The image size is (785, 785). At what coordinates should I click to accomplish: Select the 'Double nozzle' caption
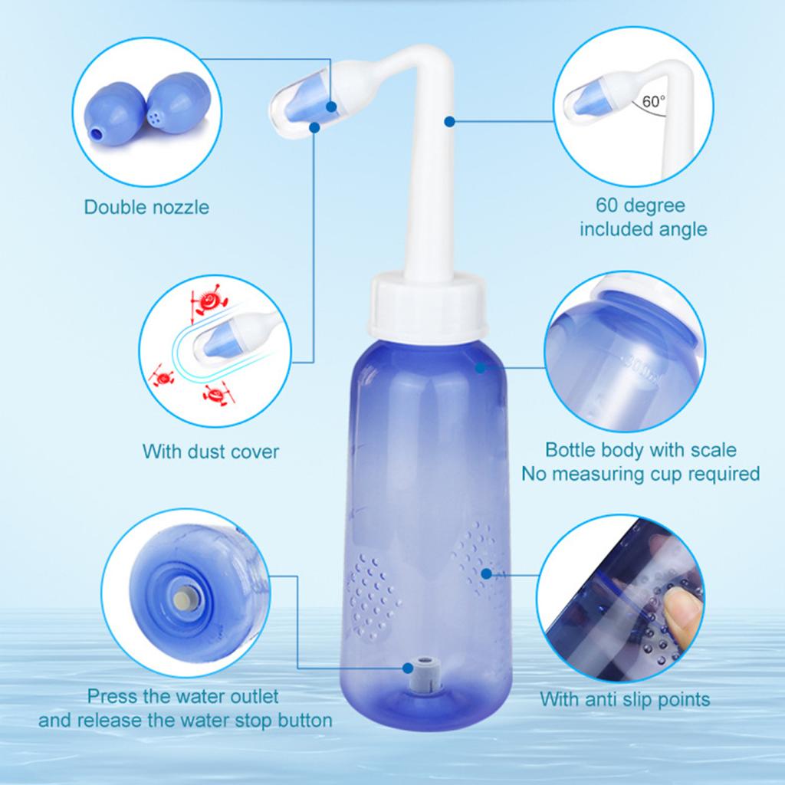146,207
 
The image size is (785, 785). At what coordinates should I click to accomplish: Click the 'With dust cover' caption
211,451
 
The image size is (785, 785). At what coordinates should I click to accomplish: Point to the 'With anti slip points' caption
625,699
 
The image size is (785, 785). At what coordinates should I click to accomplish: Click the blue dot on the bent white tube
450,120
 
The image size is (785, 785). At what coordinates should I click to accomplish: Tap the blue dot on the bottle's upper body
480,368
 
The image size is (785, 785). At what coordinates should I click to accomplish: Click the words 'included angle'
642,229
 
